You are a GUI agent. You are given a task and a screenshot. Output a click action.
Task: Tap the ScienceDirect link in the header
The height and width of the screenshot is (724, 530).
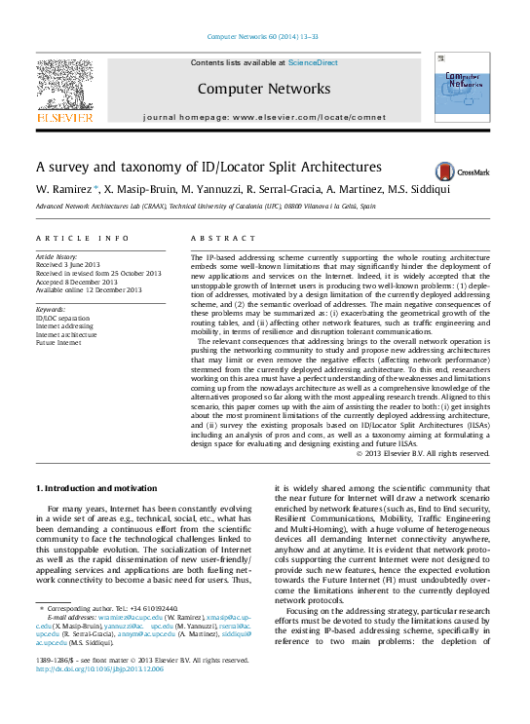(x=313, y=62)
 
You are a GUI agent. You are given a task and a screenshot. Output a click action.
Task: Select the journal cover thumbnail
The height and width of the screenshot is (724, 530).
(x=461, y=88)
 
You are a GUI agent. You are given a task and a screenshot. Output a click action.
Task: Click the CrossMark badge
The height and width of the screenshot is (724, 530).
(x=462, y=170)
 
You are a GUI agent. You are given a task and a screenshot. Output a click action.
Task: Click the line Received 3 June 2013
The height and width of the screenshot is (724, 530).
(x=66, y=264)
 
